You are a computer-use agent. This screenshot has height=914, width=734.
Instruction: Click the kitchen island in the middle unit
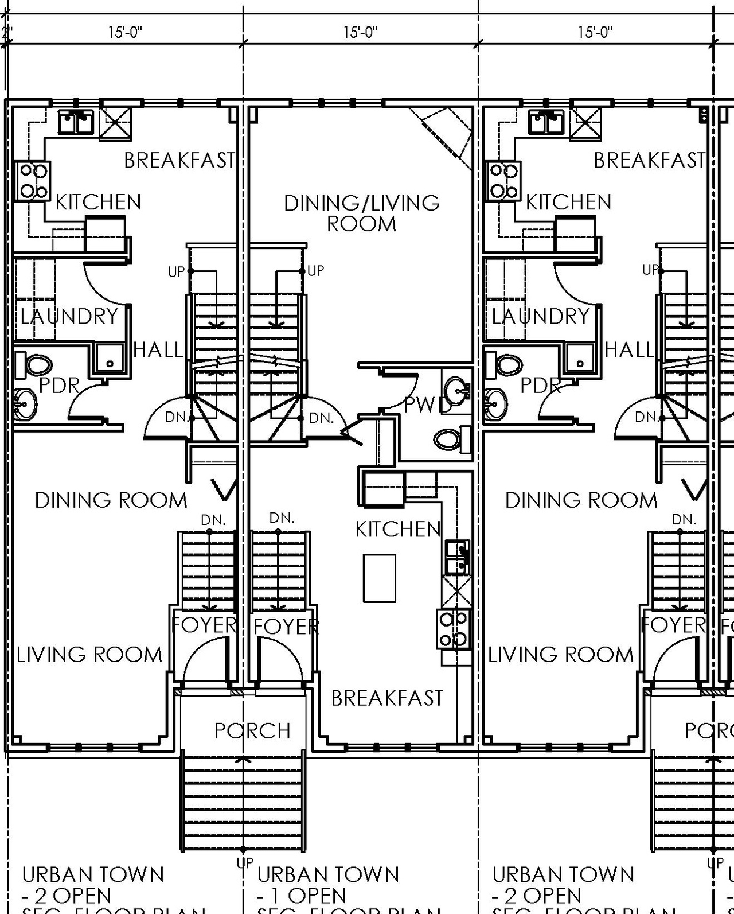pos(379,577)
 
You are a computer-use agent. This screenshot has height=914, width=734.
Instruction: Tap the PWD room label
pos(427,405)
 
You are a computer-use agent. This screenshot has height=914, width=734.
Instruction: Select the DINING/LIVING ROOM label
pos(361,213)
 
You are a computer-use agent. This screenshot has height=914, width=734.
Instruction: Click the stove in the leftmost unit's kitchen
pos(32,181)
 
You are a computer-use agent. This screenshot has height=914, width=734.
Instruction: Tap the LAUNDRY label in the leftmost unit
pos(69,316)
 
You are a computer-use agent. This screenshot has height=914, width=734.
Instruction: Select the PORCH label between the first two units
pos(252,730)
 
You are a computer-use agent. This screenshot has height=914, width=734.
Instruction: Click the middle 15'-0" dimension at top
pos(361,32)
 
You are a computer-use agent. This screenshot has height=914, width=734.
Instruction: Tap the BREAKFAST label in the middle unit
pos(387,698)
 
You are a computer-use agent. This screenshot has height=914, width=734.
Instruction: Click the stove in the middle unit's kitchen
pos(454,629)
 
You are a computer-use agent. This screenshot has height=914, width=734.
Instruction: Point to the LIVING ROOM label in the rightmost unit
pos(560,655)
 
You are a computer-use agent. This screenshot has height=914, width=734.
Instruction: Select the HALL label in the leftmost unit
pos(158,349)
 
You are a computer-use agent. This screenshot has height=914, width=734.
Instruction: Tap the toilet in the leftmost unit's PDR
pos(34,365)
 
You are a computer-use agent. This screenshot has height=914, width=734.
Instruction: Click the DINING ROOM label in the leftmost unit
pos(111,500)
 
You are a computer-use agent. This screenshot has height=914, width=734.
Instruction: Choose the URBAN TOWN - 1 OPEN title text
pos(327,884)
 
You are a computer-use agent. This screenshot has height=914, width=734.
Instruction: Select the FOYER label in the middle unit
pos(285,626)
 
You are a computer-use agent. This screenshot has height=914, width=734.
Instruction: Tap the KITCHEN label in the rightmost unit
pos(568,202)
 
